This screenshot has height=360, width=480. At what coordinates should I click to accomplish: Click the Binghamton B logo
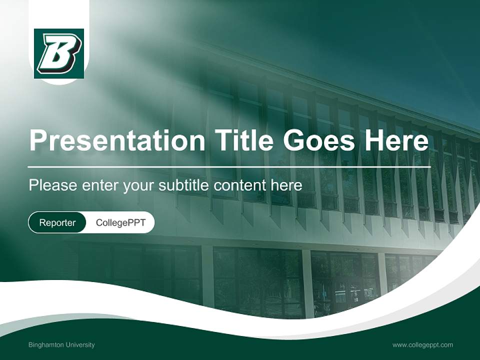click(59, 53)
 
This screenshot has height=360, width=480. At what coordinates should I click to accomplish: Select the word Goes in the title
click(317, 140)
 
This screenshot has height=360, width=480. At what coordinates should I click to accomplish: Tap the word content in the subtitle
click(239, 185)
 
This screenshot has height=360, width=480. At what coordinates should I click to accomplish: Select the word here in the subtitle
click(286, 185)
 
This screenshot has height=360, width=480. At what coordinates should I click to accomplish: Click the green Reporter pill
click(57, 222)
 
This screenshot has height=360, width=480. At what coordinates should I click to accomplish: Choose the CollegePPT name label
click(120, 222)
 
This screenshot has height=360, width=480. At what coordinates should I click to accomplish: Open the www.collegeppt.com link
click(422, 345)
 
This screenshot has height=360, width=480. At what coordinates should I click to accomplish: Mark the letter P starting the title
click(38, 140)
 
